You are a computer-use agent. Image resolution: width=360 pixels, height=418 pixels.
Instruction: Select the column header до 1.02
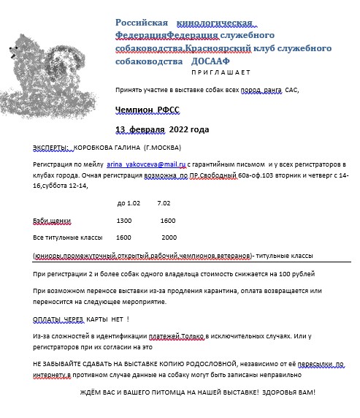point(129,202)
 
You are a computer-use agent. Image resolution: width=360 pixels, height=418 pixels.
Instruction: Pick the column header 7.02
point(164,202)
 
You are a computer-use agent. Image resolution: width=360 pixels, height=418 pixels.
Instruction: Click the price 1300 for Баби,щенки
point(124,220)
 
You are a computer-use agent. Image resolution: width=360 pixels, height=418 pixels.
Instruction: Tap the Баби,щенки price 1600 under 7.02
point(167,220)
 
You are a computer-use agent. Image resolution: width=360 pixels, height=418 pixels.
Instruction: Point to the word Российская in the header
point(142,23)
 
